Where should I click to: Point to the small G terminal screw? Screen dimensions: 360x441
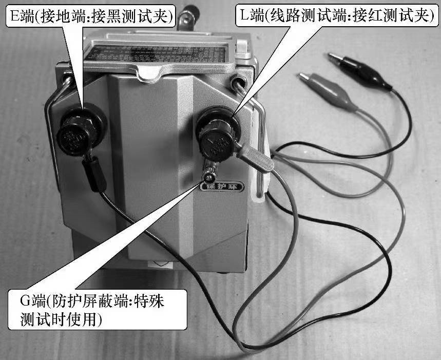tap(209, 178)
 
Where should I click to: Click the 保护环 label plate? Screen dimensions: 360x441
tap(221, 187)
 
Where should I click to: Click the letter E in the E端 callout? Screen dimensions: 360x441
tap(14, 16)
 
